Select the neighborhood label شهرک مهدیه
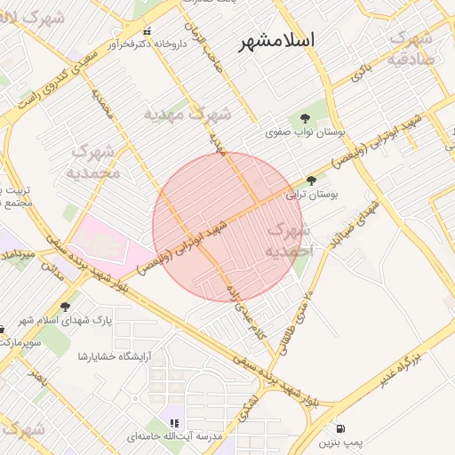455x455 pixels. click(x=188, y=115)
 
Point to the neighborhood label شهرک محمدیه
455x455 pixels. click(x=92, y=162)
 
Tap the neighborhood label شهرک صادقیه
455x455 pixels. click(x=411, y=48)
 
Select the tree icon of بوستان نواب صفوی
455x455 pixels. click(x=306, y=117)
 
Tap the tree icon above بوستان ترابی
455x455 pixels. click(x=310, y=180)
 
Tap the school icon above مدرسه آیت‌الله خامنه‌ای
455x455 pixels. click(x=174, y=424)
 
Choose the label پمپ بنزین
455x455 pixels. click(x=342, y=442)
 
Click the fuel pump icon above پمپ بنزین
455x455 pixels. click(x=342, y=428)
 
